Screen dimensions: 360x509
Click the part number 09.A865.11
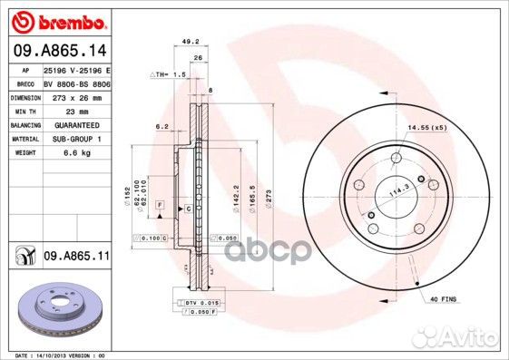coord(76,258)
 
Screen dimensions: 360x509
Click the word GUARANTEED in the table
coord(69,124)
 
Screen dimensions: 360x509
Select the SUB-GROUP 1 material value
coord(69,139)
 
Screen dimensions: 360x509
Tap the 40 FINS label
coord(445,298)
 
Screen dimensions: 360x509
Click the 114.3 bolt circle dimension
coord(395,191)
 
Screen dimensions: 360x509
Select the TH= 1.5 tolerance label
coord(171,74)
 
